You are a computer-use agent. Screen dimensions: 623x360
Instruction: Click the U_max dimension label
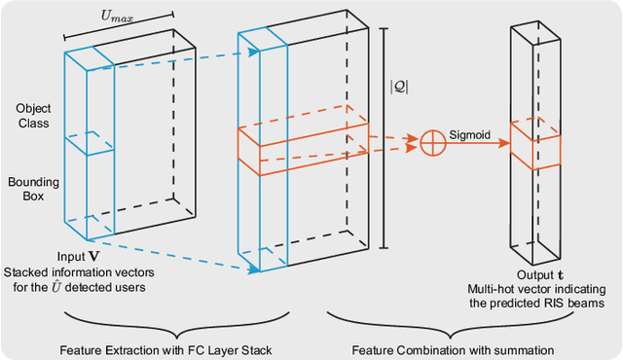click(x=117, y=17)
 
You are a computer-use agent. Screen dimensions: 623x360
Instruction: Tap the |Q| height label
click(x=399, y=87)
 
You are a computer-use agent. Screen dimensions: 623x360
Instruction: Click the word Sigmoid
click(x=469, y=135)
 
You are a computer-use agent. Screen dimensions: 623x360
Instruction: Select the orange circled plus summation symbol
click(x=433, y=143)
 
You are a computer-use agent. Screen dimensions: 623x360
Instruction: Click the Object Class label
click(x=33, y=116)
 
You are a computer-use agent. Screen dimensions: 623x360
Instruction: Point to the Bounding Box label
click(x=33, y=189)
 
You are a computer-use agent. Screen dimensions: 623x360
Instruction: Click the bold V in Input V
click(x=93, y=257)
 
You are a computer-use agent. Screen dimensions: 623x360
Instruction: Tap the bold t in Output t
click(x=560, y=275)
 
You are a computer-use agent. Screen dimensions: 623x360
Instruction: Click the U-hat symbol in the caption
click(x=56, y=286)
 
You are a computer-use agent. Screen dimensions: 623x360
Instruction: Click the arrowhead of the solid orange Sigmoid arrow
click(x=504, y=143)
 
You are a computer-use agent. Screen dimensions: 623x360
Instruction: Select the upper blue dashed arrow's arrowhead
click(x=254, y=52)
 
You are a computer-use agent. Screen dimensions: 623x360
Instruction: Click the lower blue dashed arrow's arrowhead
click(x=254, y=270)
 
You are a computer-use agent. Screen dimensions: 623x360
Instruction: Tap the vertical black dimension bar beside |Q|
click(x=384, y=138)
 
